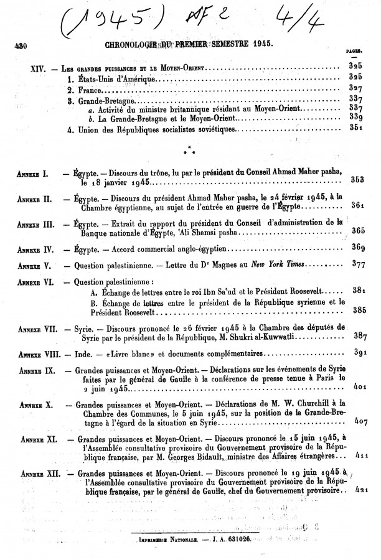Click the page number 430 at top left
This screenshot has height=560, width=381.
(x=22, y=45)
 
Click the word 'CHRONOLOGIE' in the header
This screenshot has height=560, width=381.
(x=125, y=45)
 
